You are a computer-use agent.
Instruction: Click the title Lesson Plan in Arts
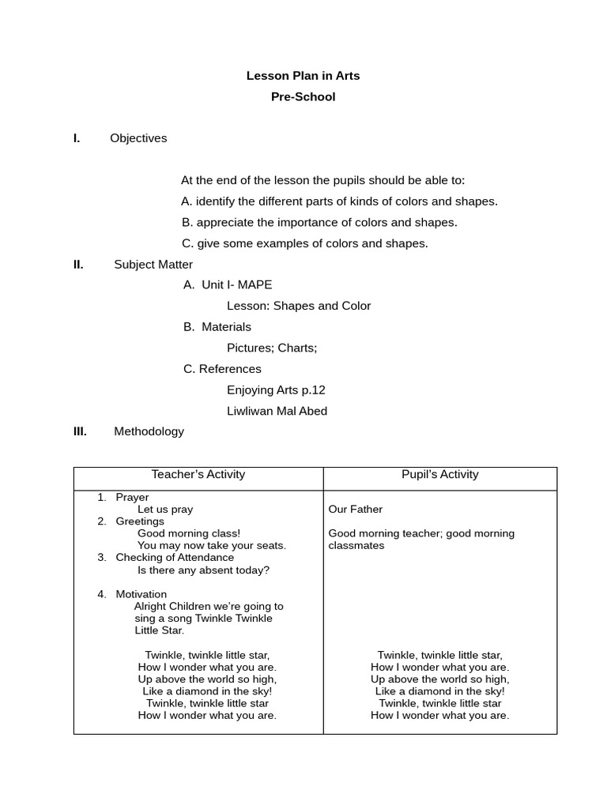pos(303,76)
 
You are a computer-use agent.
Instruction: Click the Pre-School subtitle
pos(303,97)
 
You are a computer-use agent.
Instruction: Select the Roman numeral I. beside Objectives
pos(77,138)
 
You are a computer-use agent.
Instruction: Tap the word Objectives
pos(138,138)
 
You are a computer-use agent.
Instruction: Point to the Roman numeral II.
pos(78,265)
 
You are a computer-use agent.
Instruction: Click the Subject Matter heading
pos(153,265)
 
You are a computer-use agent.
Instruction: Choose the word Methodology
pos(149,431)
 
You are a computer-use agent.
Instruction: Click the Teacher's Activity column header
pos(198,475)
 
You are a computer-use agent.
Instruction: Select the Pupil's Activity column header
pos(439,475)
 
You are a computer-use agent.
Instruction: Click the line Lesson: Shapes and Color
pos(299,306)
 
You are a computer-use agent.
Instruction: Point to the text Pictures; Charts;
pos(272,348)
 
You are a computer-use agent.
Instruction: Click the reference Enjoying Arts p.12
pos(276,390)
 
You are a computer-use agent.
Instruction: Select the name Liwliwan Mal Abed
pos(277,411)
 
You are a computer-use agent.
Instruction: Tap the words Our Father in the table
pos(355,510)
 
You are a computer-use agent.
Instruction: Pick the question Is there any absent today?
pos(203,570)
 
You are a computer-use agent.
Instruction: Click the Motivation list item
pos(141,594)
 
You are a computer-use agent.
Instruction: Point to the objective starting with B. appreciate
pos(319,223)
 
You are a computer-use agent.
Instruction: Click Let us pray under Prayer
pos(165,510)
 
